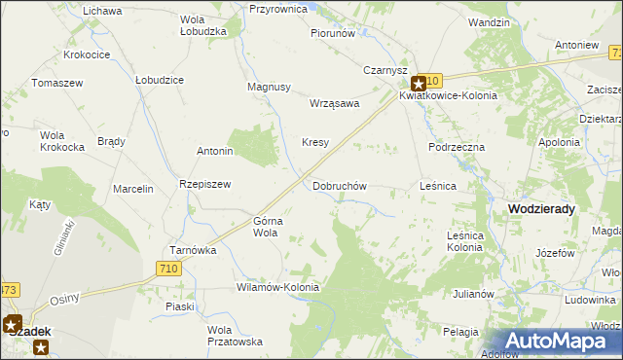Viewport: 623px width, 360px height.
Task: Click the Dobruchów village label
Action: click(x=340, y=185)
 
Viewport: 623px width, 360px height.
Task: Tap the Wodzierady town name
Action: click(x=541, y=208)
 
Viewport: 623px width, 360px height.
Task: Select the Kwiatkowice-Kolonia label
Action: click(x=448, y=96)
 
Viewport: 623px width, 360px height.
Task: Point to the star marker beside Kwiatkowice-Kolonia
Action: click(x=419, y=85)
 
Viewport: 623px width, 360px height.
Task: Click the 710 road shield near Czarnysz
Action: click(x=432, y=80)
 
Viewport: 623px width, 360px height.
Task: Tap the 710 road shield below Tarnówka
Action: click(x=167, y=269)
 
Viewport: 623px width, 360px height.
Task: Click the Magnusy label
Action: click(x=270, y=87)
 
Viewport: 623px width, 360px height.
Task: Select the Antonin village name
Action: click(x=215, y=151)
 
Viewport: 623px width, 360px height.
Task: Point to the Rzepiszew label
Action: click(x=204, y=184)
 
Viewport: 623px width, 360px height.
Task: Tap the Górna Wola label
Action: click(x=267, y=227)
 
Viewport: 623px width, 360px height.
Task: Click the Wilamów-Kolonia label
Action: click(x=278, y=288)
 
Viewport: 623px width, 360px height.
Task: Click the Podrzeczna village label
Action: click(x=457, y=146)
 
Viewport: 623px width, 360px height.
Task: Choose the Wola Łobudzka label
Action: click(x=203, y=25)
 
